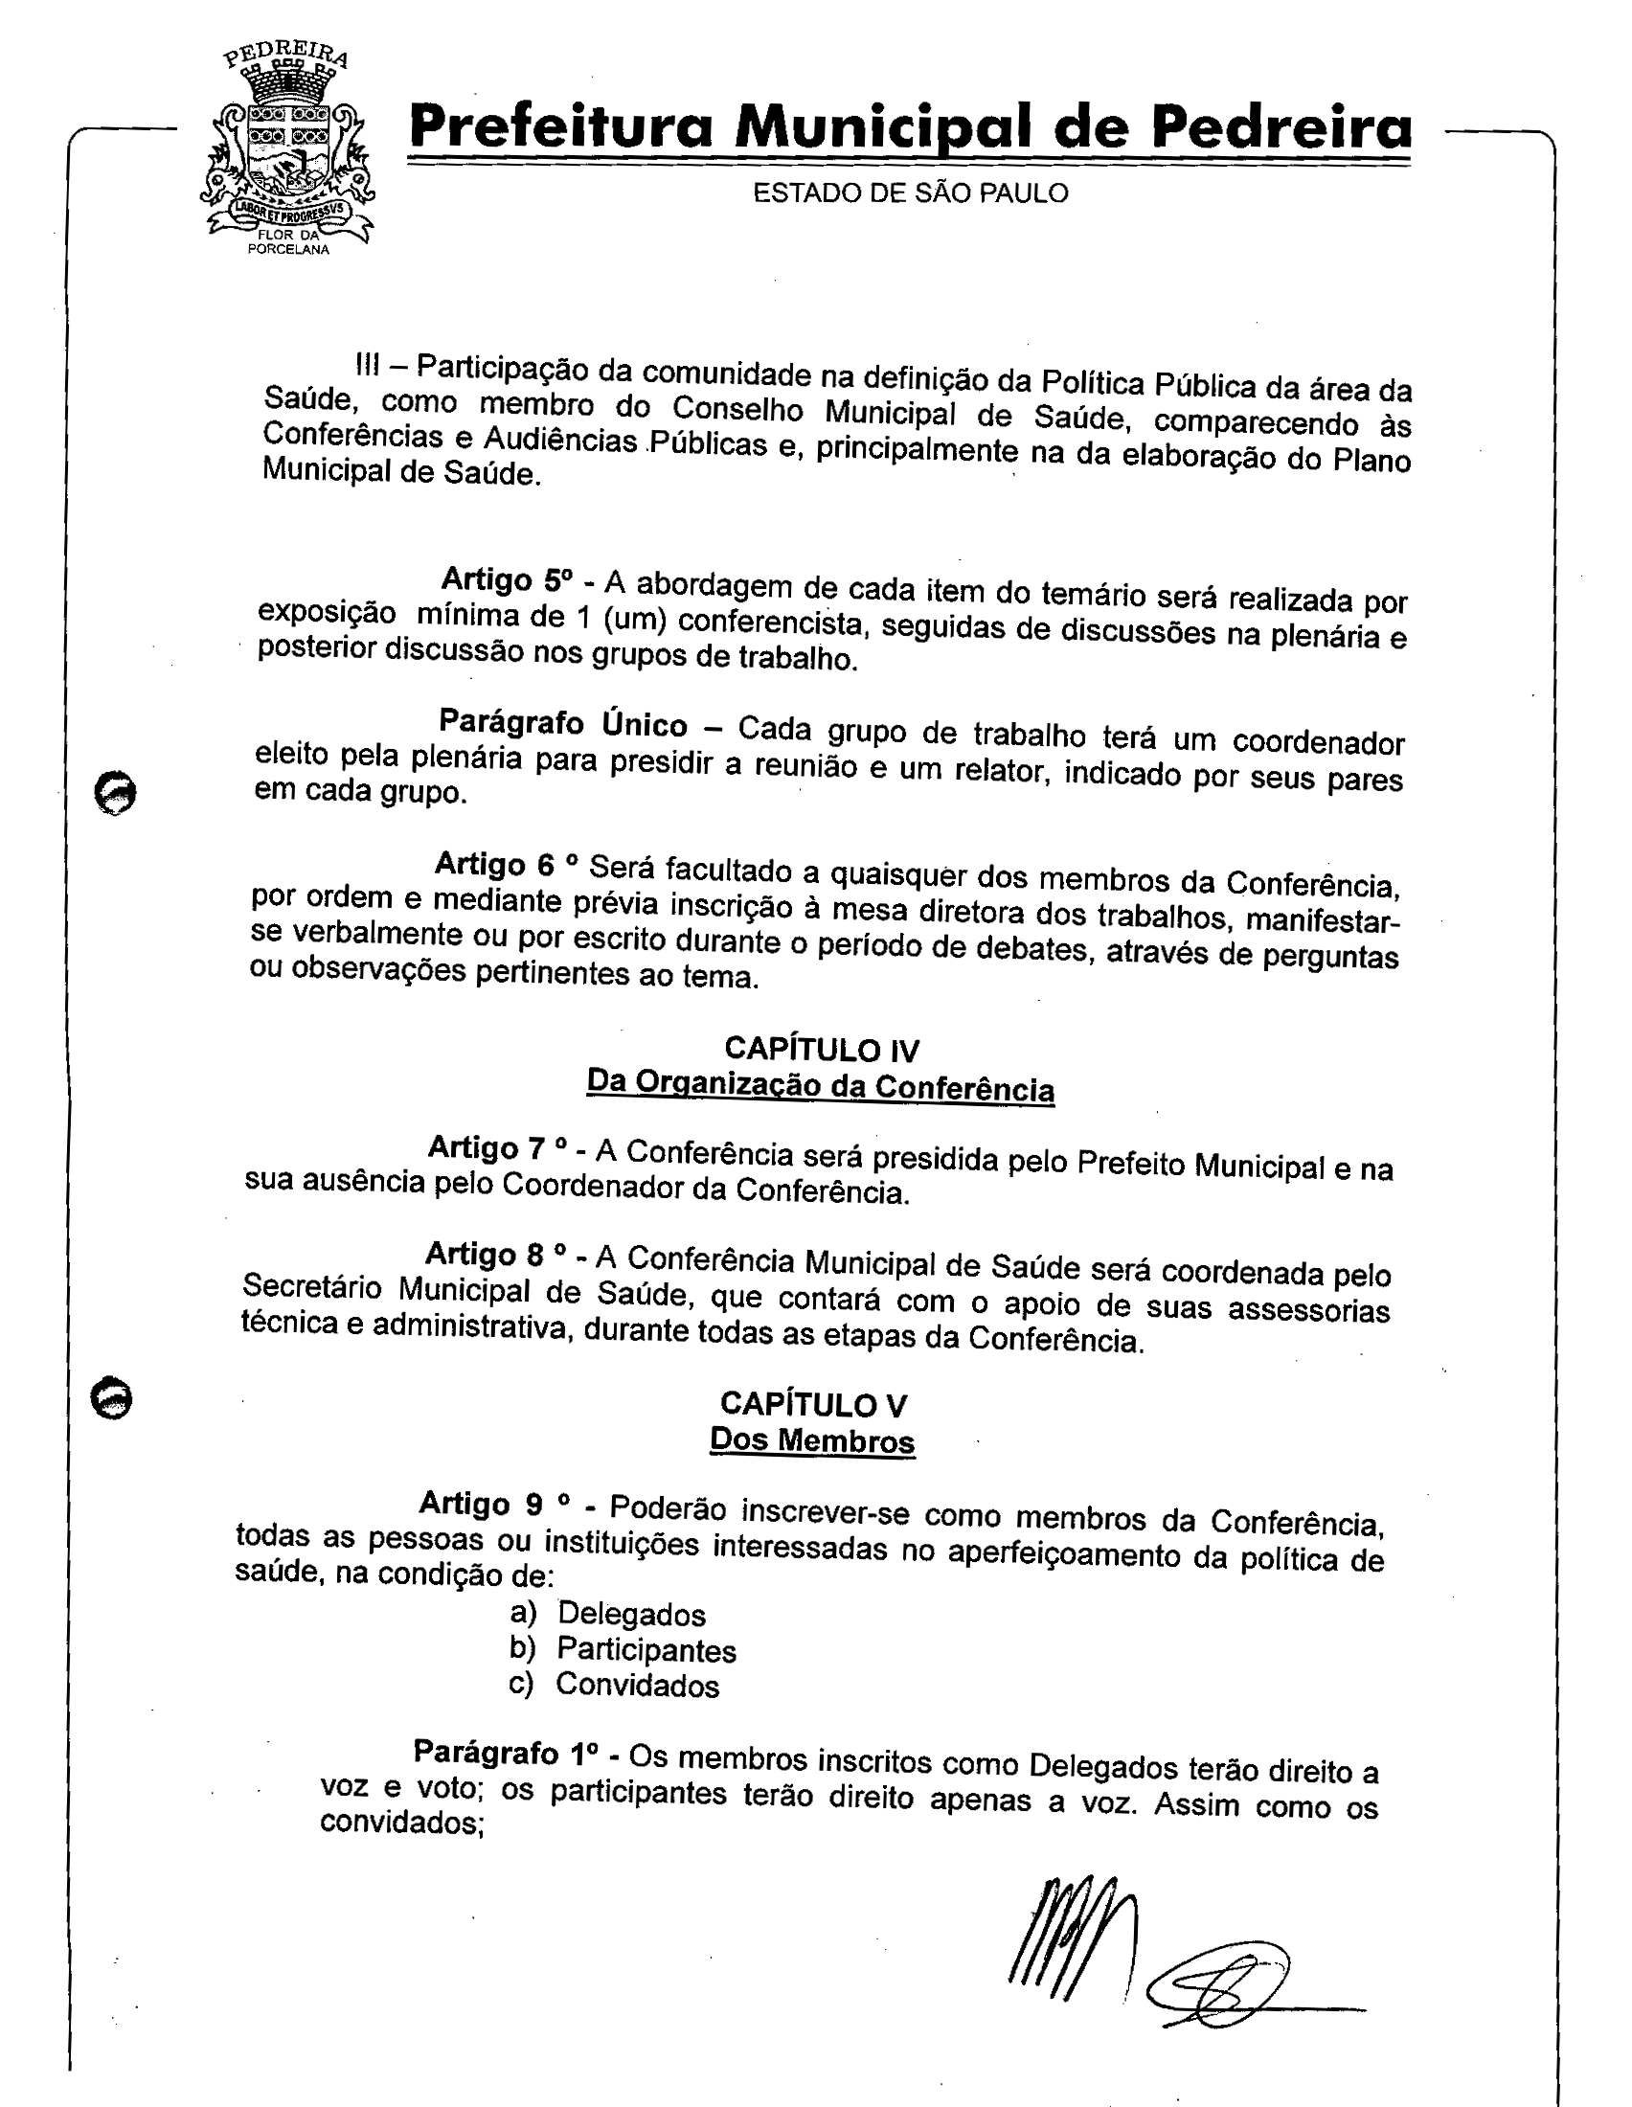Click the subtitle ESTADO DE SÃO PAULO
[910, 193]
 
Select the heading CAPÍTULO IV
[821, 1049]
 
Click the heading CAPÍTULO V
[813, 1404]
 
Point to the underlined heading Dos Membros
[812, 1440]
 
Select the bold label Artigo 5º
[507, 579]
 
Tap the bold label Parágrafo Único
[562, 722]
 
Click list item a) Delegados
[607, 1613]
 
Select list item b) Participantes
[623, 1650]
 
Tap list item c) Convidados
[614, 1686]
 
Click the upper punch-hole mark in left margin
[116, 792]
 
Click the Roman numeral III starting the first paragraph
[368, 365]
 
